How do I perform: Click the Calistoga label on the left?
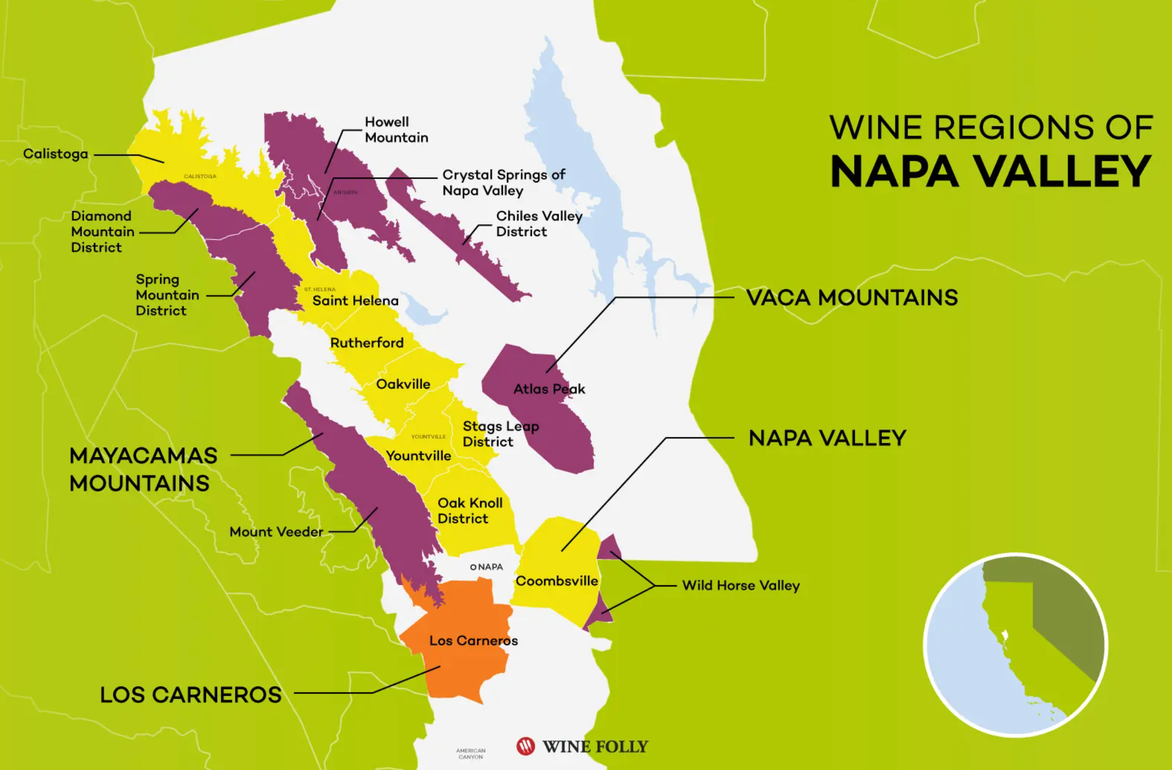point(55,154)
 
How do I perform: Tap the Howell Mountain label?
point(396,129)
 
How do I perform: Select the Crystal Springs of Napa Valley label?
point(503,182)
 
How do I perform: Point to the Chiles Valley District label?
point(539,224)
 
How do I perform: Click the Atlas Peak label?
point(549,389)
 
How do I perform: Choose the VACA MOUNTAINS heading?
point(852,298)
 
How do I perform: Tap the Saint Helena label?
point(355,301)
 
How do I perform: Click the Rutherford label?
point(367,343)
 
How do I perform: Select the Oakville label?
point(403,384)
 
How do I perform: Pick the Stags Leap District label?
point(500,434)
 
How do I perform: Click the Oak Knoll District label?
point(469,511)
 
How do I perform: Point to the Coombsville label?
point(556,581)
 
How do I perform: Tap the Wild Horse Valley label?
point(741,585)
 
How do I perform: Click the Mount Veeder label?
point(276,532)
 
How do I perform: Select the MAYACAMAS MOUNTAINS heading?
point(143,469)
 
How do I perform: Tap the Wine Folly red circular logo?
point(525,746)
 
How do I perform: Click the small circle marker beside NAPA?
point(473,567)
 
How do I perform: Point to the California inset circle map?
point(1015,645)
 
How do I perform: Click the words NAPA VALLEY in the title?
point(991,171)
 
